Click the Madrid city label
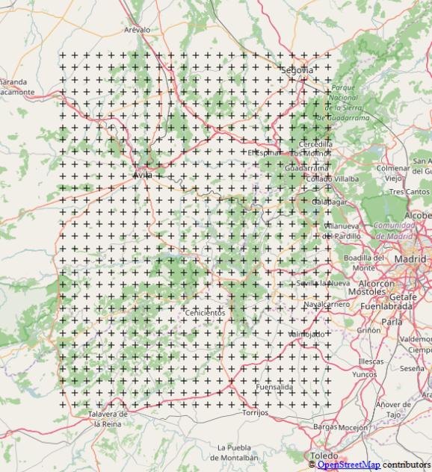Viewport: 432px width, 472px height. coord(410,259)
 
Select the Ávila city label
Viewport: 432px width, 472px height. coord(142,175)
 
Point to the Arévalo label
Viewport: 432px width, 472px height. coord(137,30)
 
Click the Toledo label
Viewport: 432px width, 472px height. coord(324,456)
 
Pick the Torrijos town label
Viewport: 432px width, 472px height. coord(255,412)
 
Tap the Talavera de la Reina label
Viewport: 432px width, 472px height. coord(108,418)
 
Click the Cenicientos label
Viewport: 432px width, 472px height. coord(204,312)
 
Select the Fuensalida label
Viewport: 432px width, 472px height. coord(274,388)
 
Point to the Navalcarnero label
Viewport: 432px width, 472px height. coord(327,305)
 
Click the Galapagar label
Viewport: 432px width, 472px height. coord(329,202)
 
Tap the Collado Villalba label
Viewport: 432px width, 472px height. coord(333,179)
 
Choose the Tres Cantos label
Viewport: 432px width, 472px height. coord(409,192)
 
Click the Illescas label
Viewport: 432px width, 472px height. coord(370,361)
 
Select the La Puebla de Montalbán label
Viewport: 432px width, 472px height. coord(238,453)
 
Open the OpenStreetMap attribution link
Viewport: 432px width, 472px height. coord(348,465)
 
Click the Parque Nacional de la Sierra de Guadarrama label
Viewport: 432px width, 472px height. coord(343,102)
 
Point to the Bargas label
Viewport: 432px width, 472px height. coord(325,427)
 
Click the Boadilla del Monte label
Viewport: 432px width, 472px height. coord(363,262)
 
